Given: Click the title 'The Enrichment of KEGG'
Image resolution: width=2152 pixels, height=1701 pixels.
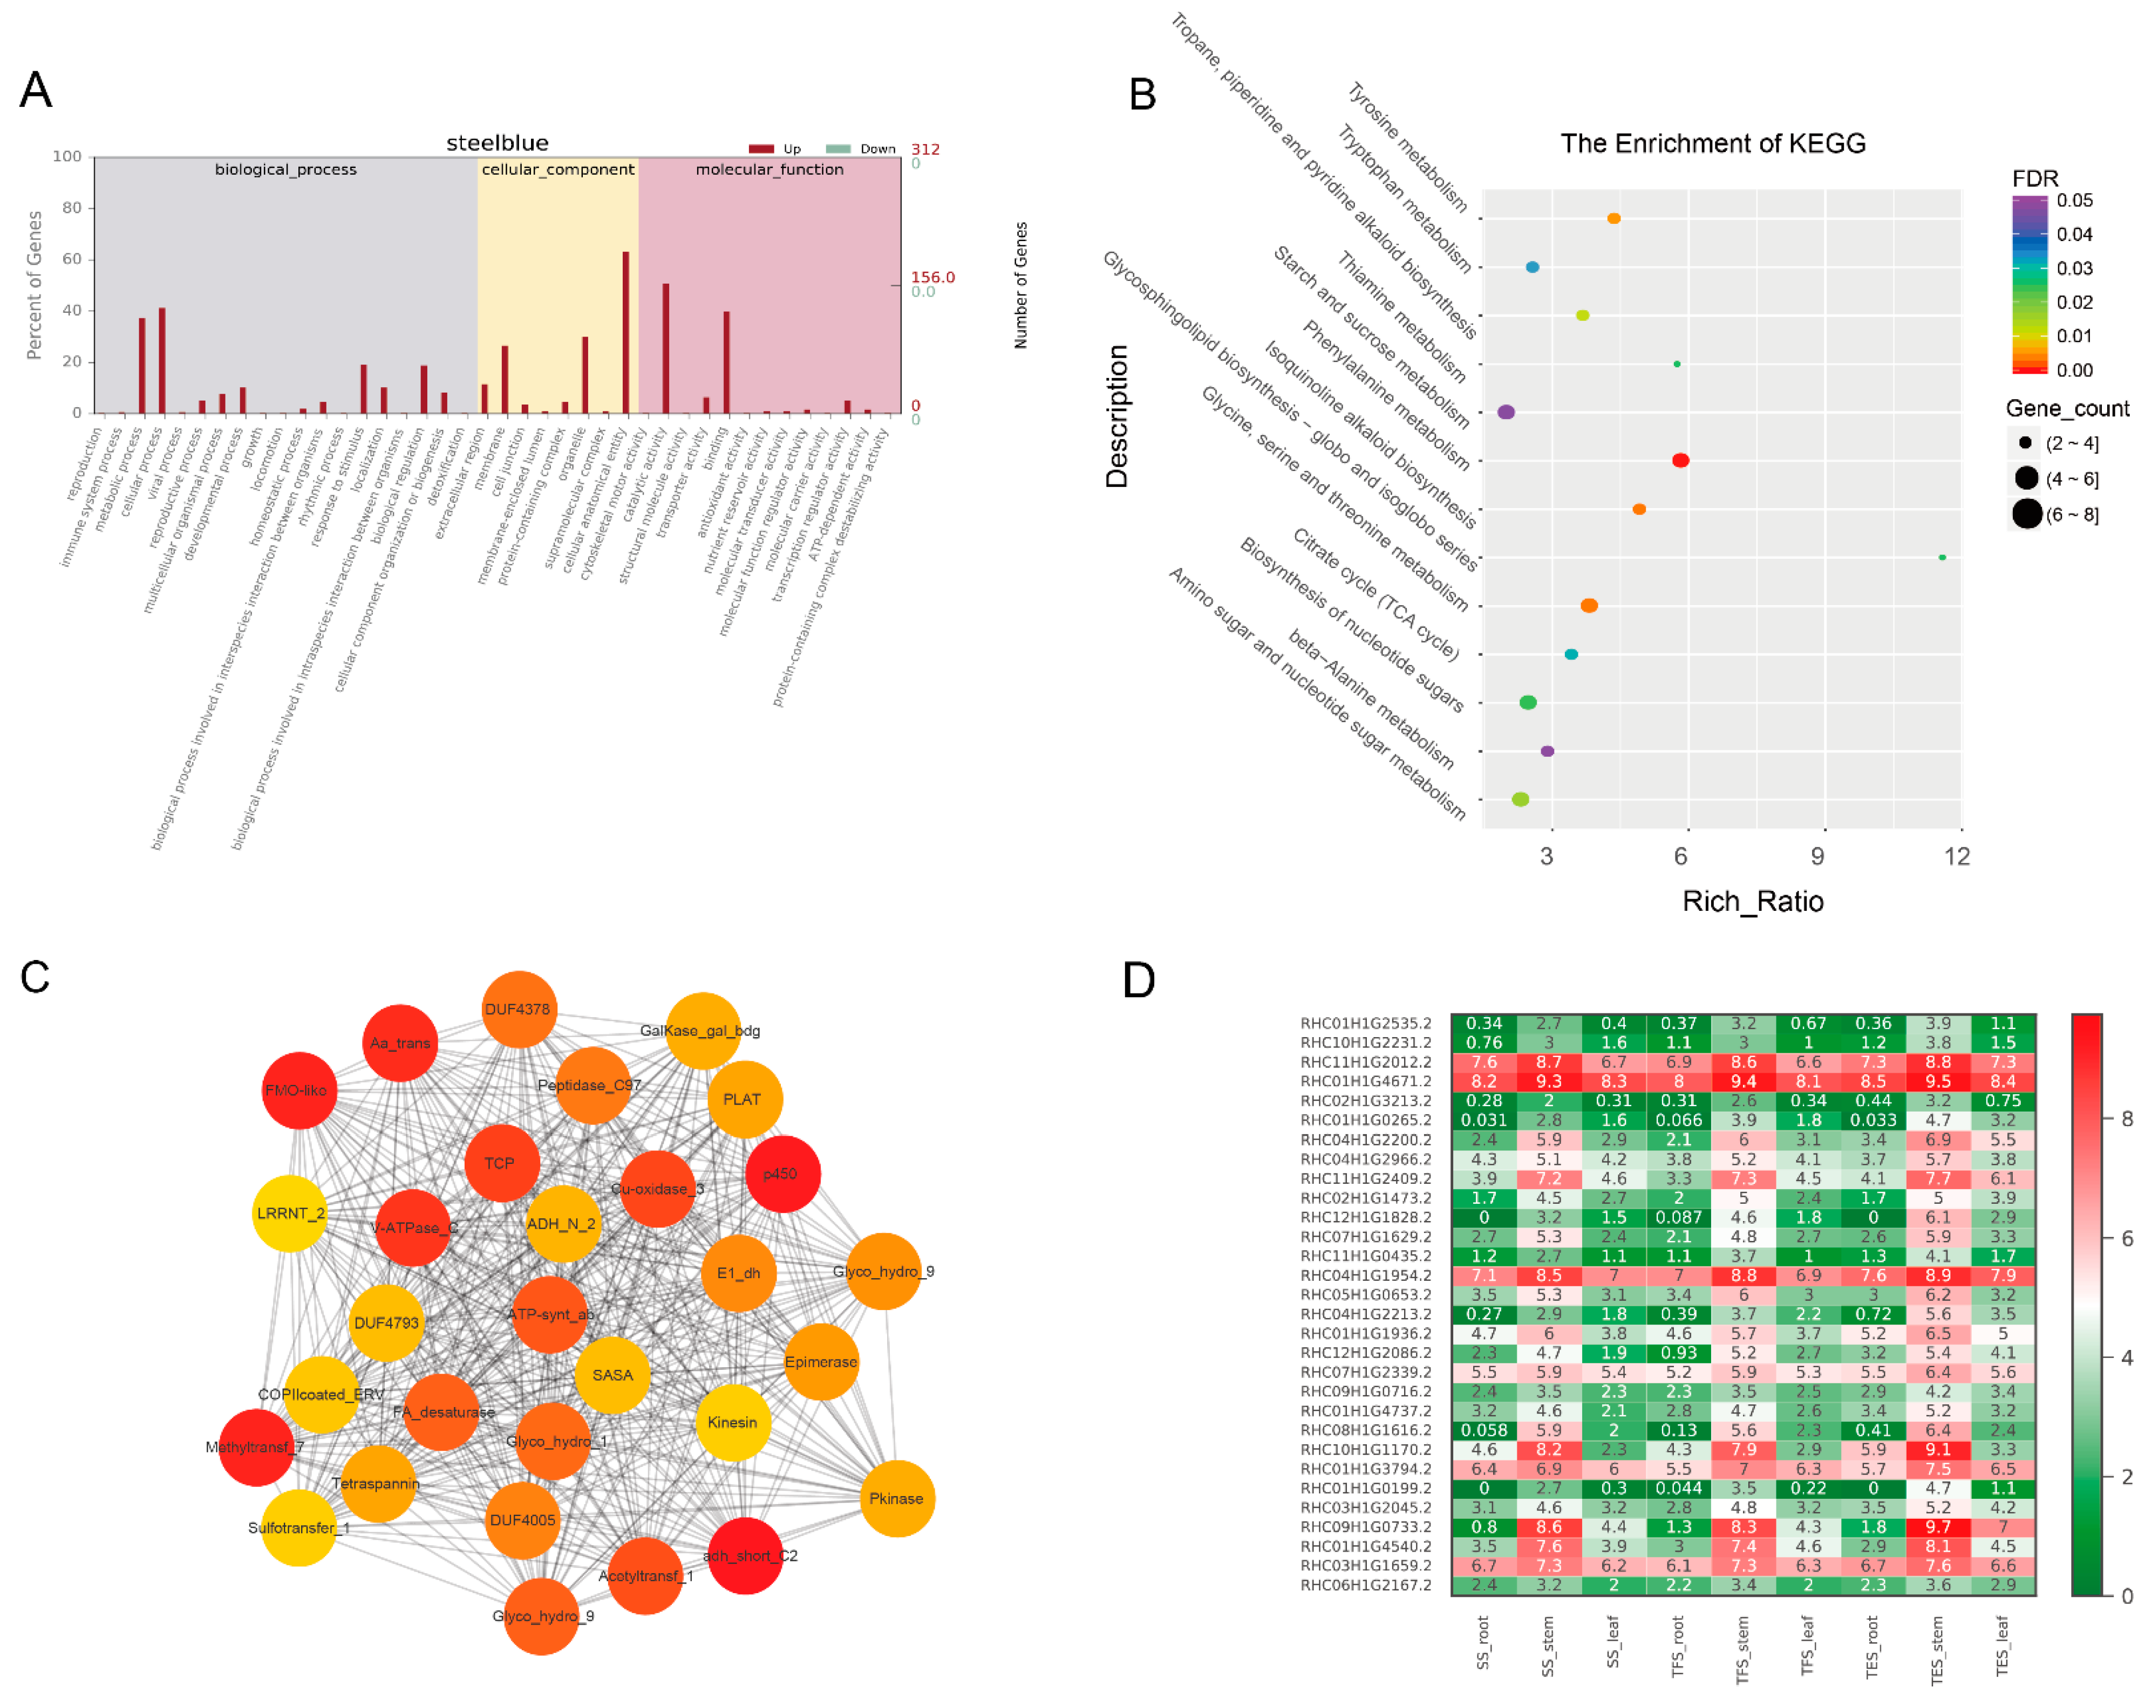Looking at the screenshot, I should [x=1712, y=143].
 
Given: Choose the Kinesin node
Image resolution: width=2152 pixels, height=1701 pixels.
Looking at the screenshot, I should [x=732, y=1422].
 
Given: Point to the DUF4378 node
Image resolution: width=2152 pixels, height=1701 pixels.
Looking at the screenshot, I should [x=518, y=1009].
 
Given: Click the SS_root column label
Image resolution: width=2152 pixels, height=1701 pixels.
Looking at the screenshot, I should [x=1483, y=1643].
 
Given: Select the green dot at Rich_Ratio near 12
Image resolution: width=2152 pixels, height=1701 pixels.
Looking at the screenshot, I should [x=1942, y=558].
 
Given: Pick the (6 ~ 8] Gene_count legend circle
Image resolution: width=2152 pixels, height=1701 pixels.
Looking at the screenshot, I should [x=2026, y=514].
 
